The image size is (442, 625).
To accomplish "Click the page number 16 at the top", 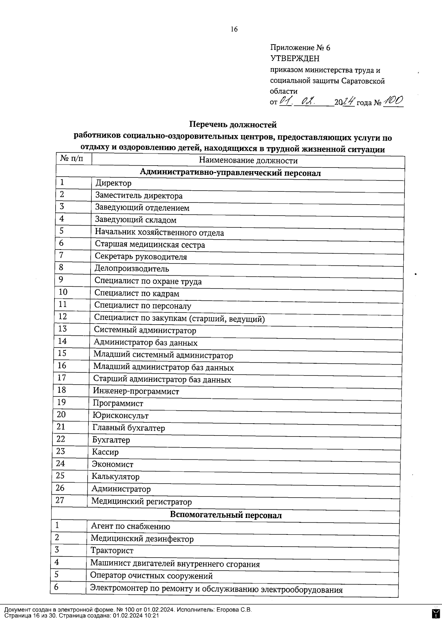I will (234, 29).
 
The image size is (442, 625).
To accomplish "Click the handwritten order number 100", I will (393, 101).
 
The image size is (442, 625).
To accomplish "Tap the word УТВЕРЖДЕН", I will (295, 59).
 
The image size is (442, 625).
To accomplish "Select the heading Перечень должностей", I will (232, 125).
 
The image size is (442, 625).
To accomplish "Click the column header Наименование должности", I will (248, 160).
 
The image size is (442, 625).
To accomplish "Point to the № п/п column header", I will (72, 159).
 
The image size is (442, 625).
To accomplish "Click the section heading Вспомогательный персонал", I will (225, 515).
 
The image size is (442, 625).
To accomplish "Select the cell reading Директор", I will (113, 183).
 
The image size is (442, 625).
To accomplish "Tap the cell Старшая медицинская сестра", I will (150, 245).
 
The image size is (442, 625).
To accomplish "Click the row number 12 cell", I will (63, 317).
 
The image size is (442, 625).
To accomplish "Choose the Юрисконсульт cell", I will (120, 416).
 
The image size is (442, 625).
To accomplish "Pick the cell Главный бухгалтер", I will (129, 428).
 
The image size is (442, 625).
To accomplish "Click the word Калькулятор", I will (116, 477).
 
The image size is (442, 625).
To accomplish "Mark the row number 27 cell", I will (60, 500).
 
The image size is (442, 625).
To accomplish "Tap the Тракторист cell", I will (112, 551).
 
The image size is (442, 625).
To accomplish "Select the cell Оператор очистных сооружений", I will (151, 576).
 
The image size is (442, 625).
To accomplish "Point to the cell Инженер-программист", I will (136, 391).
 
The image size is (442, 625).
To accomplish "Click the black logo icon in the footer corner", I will (435, 613).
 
